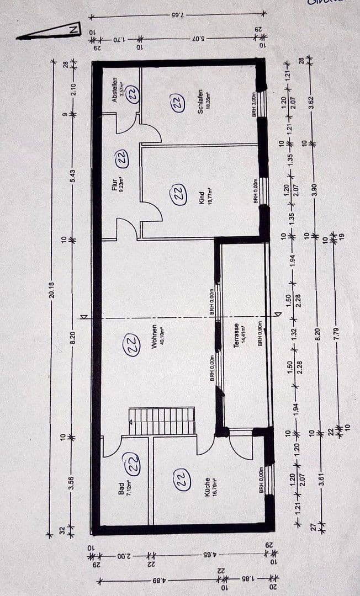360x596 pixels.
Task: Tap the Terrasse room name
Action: pos(236,334)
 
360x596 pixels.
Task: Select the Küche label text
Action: pos(207,487)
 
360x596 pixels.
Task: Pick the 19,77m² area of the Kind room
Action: pos(210,196)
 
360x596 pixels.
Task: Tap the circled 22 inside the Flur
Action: pos(121,158)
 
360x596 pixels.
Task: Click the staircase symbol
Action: pos(162,421)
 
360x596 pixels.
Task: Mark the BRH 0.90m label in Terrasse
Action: pos(260,334)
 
